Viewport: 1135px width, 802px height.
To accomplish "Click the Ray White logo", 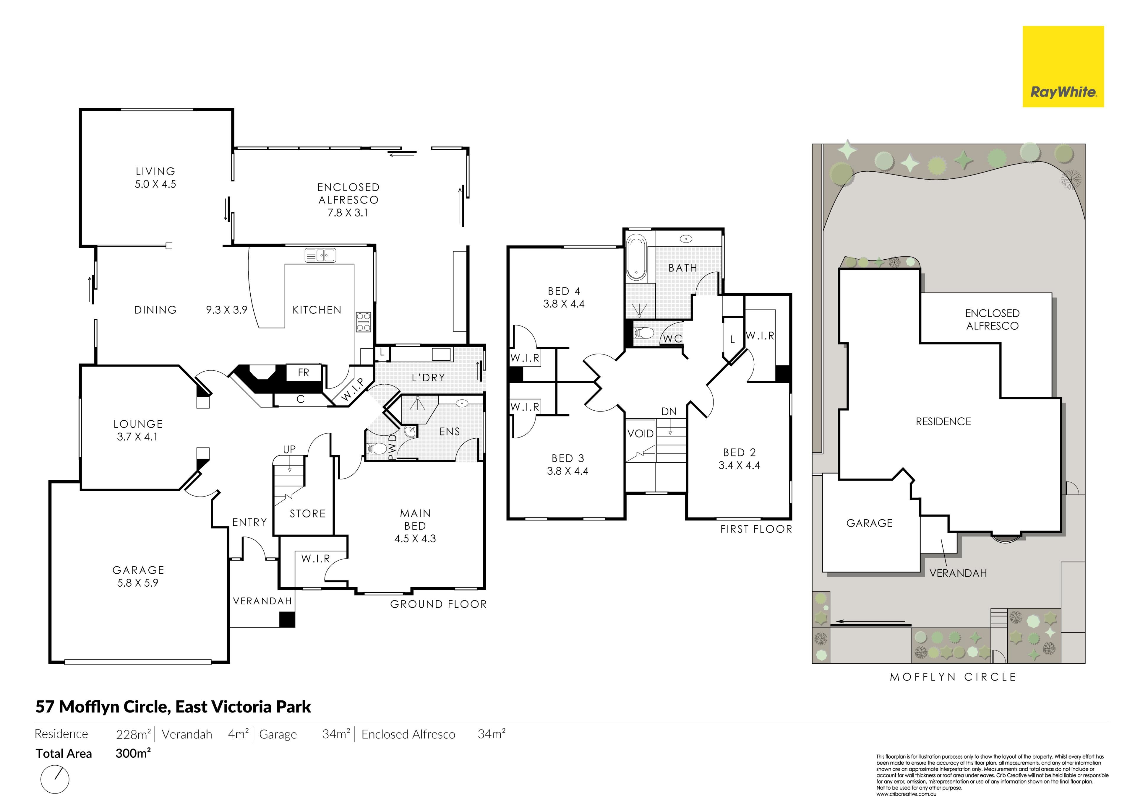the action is (x=1063, y=67).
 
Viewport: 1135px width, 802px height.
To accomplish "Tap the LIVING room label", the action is (x=155, y=171).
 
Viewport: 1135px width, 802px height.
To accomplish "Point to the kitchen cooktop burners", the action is (x=363, y=322).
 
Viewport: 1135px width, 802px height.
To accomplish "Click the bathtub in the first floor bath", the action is (x=636, y=258).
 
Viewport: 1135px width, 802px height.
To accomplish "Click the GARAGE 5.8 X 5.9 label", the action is (x=138, y=576).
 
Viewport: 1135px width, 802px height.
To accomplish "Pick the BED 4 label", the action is (x=564, y=292).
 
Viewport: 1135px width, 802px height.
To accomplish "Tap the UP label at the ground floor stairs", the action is (x=289, y=449).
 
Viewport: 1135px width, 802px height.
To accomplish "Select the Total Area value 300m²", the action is (x=133, y=754).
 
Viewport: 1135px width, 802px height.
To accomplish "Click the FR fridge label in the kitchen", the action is (x=304, y=372).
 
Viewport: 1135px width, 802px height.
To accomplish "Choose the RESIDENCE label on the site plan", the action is (x=943, y=422).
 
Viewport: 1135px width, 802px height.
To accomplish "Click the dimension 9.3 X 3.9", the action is (x=226, y=310).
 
